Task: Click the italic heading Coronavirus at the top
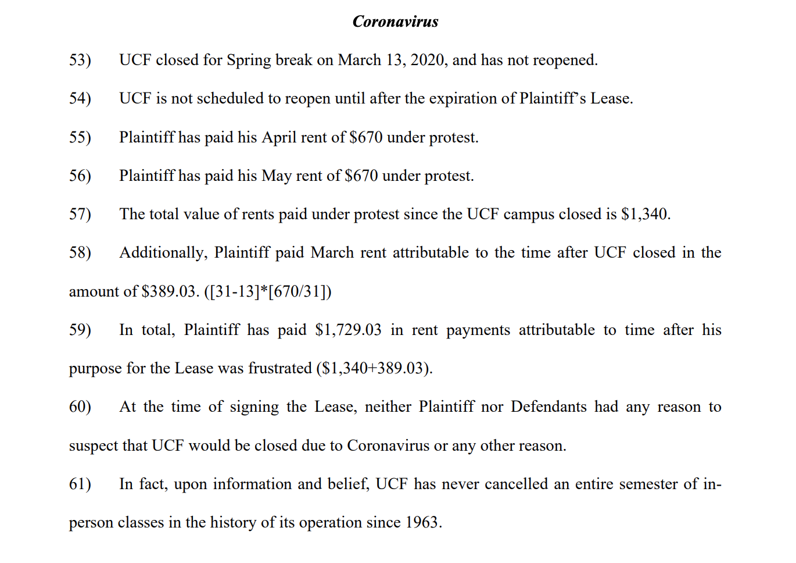tap(395, 22)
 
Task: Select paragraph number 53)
tap(80, 60)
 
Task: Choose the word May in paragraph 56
tap(277, 176)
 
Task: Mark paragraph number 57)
tap(80, 214)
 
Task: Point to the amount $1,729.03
tap(348, 330)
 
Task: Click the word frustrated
tap(280, 368)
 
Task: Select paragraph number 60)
tap(80, 407)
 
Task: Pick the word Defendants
tap(548, 407)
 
